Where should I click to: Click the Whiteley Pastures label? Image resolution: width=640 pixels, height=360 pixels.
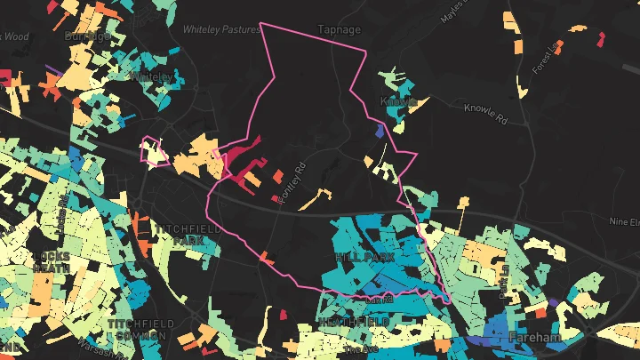[x=221, y=29]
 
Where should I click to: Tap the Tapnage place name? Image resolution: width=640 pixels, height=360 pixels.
[x=340, y=29]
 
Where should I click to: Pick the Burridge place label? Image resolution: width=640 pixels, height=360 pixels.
[x=88, y=36]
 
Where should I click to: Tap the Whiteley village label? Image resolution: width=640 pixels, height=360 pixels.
[x=151, y=77]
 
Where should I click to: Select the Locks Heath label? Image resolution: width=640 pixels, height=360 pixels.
[x=51, y=260]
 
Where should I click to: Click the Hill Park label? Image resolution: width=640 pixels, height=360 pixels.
[x=364, y=256]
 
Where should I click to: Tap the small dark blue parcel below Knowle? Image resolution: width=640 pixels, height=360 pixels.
[x=380, y=131]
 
